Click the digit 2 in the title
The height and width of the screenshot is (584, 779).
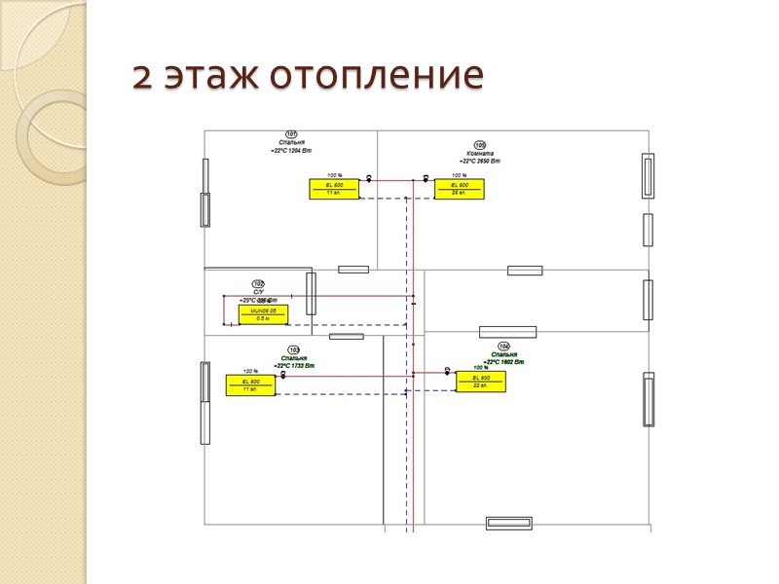142,77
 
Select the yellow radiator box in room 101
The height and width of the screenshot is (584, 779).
334,190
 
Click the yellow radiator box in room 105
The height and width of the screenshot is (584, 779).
460,190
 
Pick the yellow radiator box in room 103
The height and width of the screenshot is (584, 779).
250,385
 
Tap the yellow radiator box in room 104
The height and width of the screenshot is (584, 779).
481,382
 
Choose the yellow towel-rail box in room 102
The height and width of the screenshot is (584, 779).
263,314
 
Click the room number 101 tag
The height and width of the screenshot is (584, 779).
291,134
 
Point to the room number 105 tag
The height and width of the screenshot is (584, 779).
480,145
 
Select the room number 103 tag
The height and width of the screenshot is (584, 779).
294,349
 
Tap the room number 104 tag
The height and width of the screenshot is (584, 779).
503,347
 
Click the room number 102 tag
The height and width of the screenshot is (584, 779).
258,284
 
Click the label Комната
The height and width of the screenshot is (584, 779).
480,153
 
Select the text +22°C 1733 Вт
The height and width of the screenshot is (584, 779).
294,365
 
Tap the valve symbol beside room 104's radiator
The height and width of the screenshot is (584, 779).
447,370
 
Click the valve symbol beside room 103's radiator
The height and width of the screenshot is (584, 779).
283,375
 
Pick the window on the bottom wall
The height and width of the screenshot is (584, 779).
507,524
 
